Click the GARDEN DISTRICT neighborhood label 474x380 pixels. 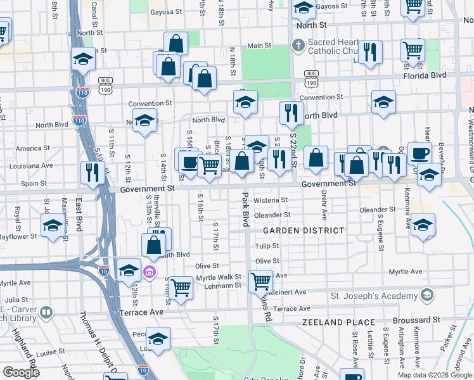click(304, 231)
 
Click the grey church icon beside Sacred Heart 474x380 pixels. click(298, 45)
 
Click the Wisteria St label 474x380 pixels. click(271, 200)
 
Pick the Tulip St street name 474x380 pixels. click(267, 246)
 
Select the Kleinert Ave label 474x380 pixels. click(288, 292)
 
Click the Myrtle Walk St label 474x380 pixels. click(219, 277)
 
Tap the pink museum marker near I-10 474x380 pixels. click(150, 272)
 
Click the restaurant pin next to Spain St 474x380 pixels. click(93, 172)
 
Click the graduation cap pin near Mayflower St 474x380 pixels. click(53, 225)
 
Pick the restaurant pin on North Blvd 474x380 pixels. click(291, 113)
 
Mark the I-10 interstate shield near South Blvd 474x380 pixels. click(105, 271)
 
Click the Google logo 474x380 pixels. click(20, 372)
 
